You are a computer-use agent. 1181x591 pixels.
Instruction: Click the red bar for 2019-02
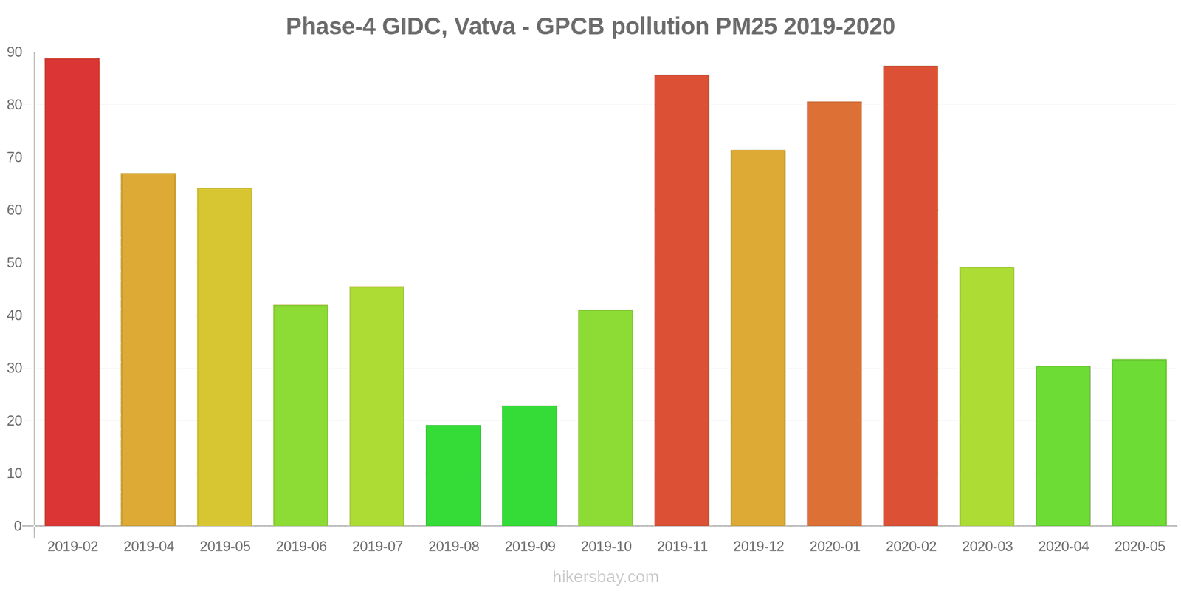[72, 292]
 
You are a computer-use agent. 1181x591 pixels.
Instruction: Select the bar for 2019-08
[453, 475]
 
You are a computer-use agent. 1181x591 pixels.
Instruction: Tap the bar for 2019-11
[682, 300]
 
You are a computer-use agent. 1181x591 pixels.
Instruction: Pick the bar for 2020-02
[910, 295]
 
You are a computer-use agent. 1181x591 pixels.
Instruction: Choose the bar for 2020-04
[1063, 445]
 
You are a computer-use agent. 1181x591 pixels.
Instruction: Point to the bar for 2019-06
[300, 415]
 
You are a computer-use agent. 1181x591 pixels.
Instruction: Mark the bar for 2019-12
[758, 338]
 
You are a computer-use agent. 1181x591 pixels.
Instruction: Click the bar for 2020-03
[987, 396]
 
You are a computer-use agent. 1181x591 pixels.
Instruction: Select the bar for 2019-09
[529, 465]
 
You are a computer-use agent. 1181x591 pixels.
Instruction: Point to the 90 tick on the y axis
[15, 52]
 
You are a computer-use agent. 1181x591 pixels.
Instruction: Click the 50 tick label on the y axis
[15, 263]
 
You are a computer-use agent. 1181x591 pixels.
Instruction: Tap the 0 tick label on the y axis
[18, 526]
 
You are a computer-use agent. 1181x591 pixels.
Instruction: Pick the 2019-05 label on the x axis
[225, 547]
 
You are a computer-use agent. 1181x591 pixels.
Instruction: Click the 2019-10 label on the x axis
[606, 547]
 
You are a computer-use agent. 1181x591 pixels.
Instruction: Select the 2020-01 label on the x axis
[835, 547]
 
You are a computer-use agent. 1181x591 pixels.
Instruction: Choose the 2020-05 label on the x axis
[1140, 547]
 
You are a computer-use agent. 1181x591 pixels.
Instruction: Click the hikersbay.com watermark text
[605, 577]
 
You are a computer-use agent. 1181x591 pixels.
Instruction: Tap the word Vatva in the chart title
[485, 27]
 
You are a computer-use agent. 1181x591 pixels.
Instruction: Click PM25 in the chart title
[746, 27]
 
